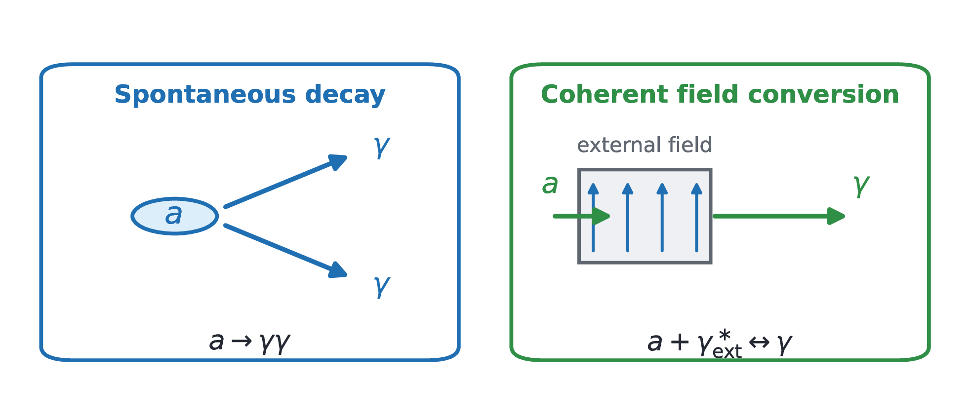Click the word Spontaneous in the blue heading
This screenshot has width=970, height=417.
click(x=205, y=95)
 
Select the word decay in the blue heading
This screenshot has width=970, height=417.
click(x=345, y=95)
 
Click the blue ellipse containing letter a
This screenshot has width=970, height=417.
click(x=175, y=216)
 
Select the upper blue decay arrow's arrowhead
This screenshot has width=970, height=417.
click(x=338, y=161)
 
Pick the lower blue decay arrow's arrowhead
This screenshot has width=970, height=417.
click(x=338, y=270)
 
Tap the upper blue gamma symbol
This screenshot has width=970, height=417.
click(x=382, y=147)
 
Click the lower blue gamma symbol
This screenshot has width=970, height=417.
click(x=382, y=286)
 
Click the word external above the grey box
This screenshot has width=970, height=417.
click(x=619, y=145)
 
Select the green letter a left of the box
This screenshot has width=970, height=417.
click(x=550, y=185)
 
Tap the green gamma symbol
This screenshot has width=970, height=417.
click(x=861, y=186)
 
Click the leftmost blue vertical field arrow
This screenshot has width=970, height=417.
click(x=593, y=217)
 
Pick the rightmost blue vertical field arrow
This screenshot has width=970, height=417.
click(x=696, y=217)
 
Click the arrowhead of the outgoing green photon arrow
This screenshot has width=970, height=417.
click(x=836, y=216)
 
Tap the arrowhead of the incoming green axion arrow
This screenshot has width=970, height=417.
click(x=602, y=216)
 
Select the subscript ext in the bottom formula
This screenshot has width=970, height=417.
click(x=727, y=352)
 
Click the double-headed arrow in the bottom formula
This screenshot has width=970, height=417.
click(x=759, y=342)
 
